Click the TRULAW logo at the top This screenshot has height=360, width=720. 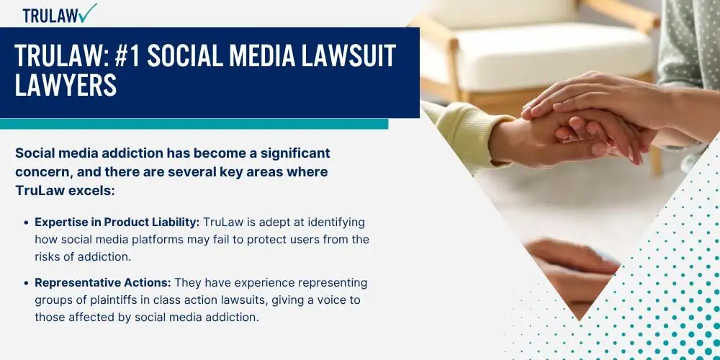[60, 14]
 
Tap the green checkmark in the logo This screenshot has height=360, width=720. [87, 12]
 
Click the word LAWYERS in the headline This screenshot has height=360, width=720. [66, 85]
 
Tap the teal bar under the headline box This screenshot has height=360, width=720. [194, 124]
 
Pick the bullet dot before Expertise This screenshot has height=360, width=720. [26, 222]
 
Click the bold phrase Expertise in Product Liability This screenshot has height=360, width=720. [117, 222]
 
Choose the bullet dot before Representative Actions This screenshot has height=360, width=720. [26, 283]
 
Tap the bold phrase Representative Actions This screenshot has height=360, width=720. [103, 283]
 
